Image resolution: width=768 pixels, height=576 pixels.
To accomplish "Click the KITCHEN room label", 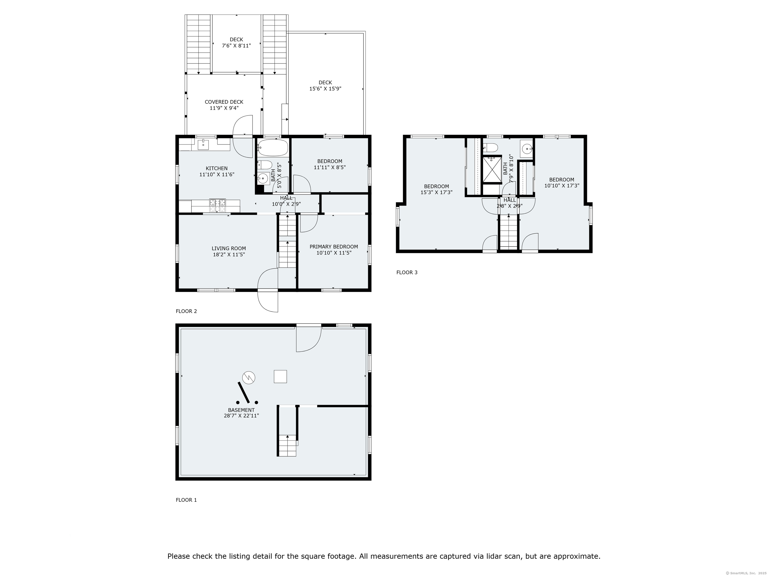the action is tap(217, 168).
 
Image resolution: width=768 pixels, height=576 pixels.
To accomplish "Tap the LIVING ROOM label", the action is tap(229, 248).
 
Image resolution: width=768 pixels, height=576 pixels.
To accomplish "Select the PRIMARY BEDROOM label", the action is tap(334, 246).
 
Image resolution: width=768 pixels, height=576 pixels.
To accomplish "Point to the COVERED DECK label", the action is tap(224, 102).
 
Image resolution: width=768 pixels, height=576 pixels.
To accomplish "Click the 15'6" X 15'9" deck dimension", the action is tap(325, 88).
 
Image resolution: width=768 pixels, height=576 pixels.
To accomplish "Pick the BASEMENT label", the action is tap(241, 410).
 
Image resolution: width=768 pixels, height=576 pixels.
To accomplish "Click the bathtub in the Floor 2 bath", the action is tap(273, 147).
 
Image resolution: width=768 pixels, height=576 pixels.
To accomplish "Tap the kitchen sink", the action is tap(203, 144).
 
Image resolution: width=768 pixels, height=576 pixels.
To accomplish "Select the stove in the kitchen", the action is tap(217, 205).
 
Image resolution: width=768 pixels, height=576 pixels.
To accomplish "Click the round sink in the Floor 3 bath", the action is tap(527, 149).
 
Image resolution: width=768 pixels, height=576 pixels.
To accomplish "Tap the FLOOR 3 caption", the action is tap(407, 272).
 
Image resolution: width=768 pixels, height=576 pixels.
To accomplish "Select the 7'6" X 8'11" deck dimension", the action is tap(236, 45).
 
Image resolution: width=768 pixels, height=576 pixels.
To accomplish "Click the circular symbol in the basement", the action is tap(248, 377).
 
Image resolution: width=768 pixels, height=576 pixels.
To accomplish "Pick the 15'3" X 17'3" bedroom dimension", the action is tap(436, 192).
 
